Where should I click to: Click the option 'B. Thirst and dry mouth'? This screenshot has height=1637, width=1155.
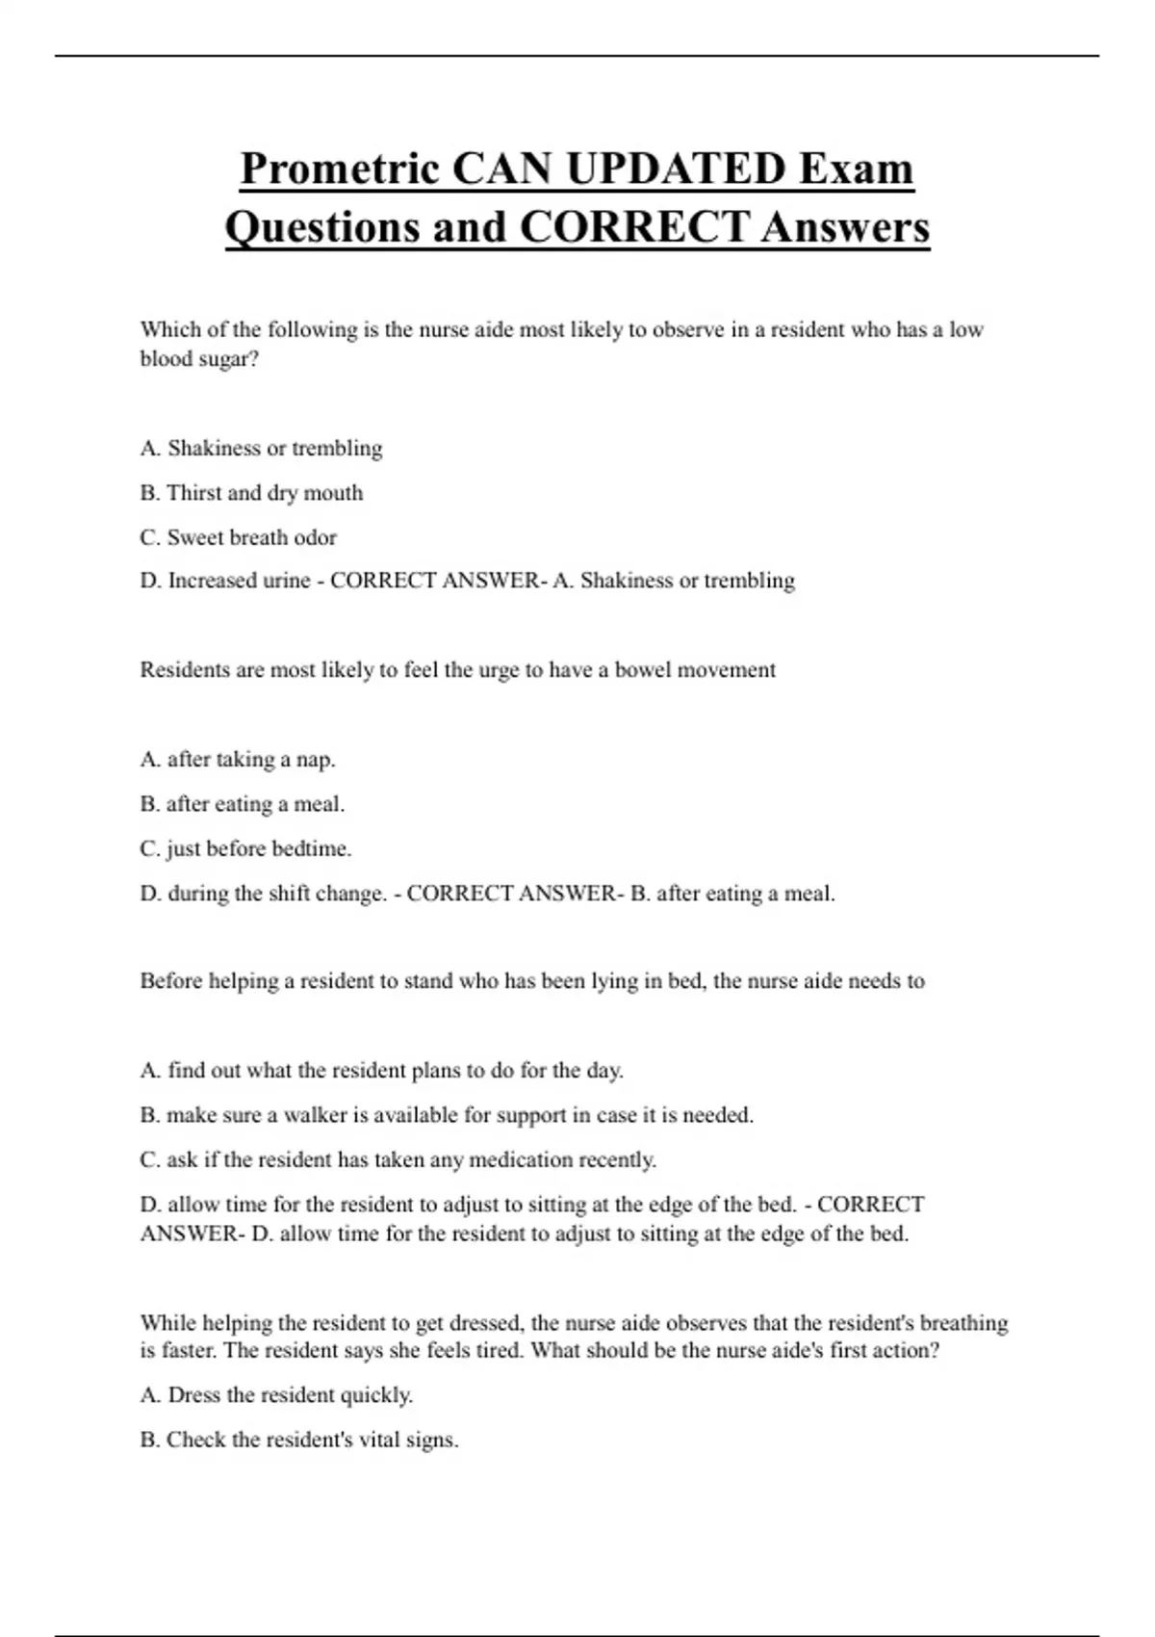[251, 493]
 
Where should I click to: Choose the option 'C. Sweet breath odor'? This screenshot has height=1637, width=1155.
[238, 537]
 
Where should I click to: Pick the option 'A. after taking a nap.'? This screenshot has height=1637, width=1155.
[238, 760]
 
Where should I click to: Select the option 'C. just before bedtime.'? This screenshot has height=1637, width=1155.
[245, 848]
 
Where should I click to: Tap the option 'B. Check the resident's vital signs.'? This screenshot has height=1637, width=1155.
[298, 1440]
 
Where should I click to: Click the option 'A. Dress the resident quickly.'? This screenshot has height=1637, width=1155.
[276, 1395]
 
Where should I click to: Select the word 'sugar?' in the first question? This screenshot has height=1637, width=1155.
[228, 360]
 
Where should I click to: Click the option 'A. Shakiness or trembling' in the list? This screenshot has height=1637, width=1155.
[261, 449]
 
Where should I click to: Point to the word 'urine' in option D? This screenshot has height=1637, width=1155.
[287, 581]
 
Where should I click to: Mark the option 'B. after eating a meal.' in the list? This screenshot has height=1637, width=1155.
[242, 804]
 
